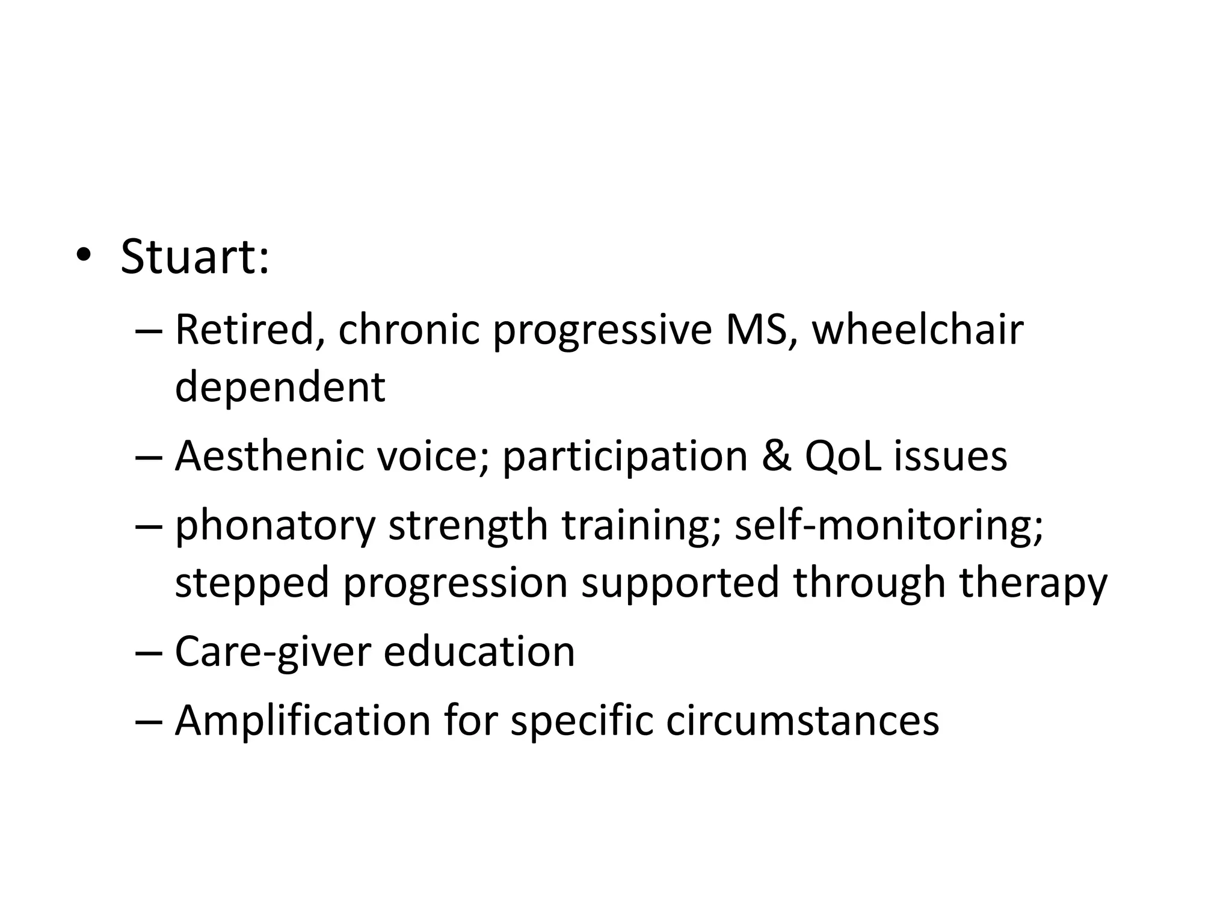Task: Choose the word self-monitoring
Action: coord(889,525)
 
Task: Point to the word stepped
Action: coord(252,582)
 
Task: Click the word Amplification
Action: coord(303,721)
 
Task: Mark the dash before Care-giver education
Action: coord(149,652)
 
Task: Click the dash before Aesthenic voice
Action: coord(149,457)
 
